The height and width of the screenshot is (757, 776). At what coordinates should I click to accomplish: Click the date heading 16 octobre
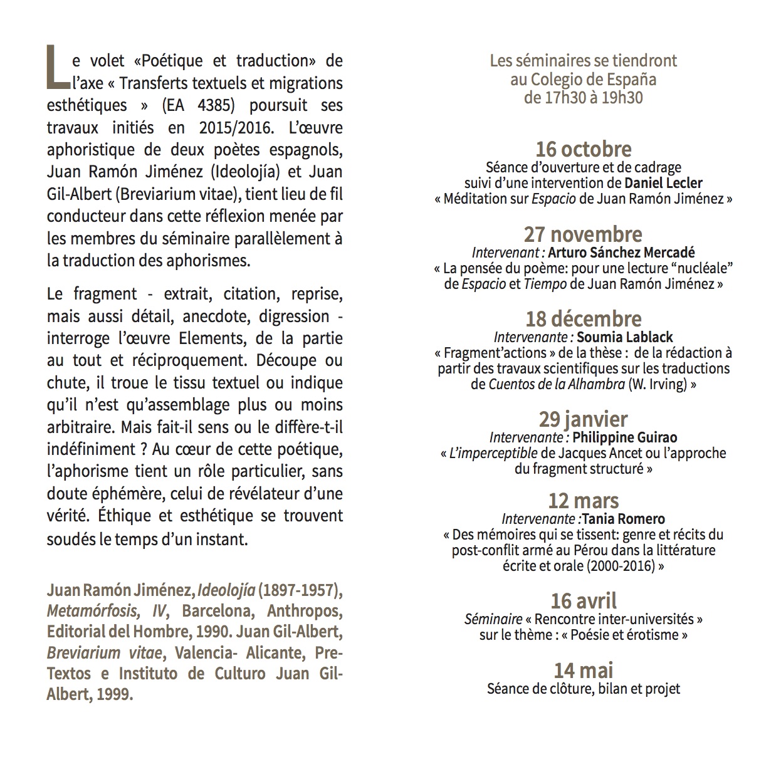coord(583,149)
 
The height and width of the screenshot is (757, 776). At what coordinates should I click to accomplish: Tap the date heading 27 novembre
coord(583,234)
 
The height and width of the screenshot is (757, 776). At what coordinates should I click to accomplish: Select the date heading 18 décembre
coord(583,319)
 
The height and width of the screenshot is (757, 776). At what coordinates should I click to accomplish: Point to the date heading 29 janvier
coord(583,419)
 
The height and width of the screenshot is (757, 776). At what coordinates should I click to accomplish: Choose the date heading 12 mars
coord(583,501)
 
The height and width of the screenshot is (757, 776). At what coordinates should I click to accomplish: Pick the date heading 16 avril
coord(583,600)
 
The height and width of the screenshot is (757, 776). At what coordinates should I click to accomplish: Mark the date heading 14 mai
coord(583,670)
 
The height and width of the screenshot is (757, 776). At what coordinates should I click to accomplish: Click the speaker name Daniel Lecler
coord(663,184)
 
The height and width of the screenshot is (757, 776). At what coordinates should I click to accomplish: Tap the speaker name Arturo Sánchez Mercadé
coord(621,253)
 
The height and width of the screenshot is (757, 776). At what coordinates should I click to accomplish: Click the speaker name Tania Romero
coord(624,519)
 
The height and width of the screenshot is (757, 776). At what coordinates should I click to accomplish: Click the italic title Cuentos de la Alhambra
coord(556,384)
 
